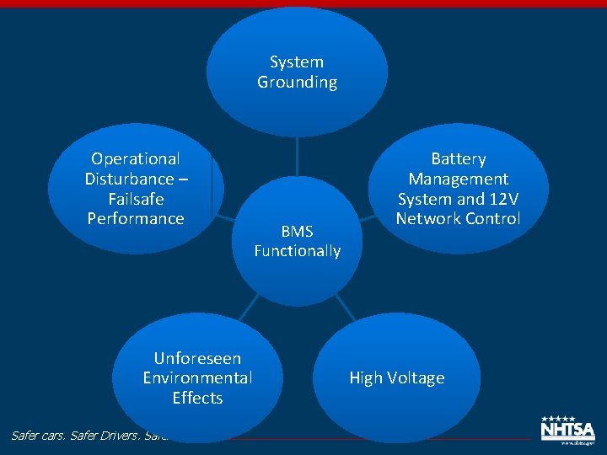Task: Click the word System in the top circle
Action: [x=297, y=62]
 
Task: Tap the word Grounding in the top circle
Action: [x=297, y=82]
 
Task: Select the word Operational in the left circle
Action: [x=136, y=158]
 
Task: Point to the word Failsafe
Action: [x=136, y=199]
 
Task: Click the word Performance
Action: [x=136, y=218]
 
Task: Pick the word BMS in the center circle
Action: [x=297, y=231]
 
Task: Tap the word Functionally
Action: [x=297, y=250]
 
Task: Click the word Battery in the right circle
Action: [x=458, y=158]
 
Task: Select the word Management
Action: [x=458, y=179]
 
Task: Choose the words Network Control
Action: [x=458, y=218]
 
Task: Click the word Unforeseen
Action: [x=197, y=358]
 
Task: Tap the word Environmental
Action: [x=197, y=377]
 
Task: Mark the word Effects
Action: [x=197, y=398]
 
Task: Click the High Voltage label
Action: [x=396, y=377]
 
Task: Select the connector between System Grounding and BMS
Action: [x=297, y=156]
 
